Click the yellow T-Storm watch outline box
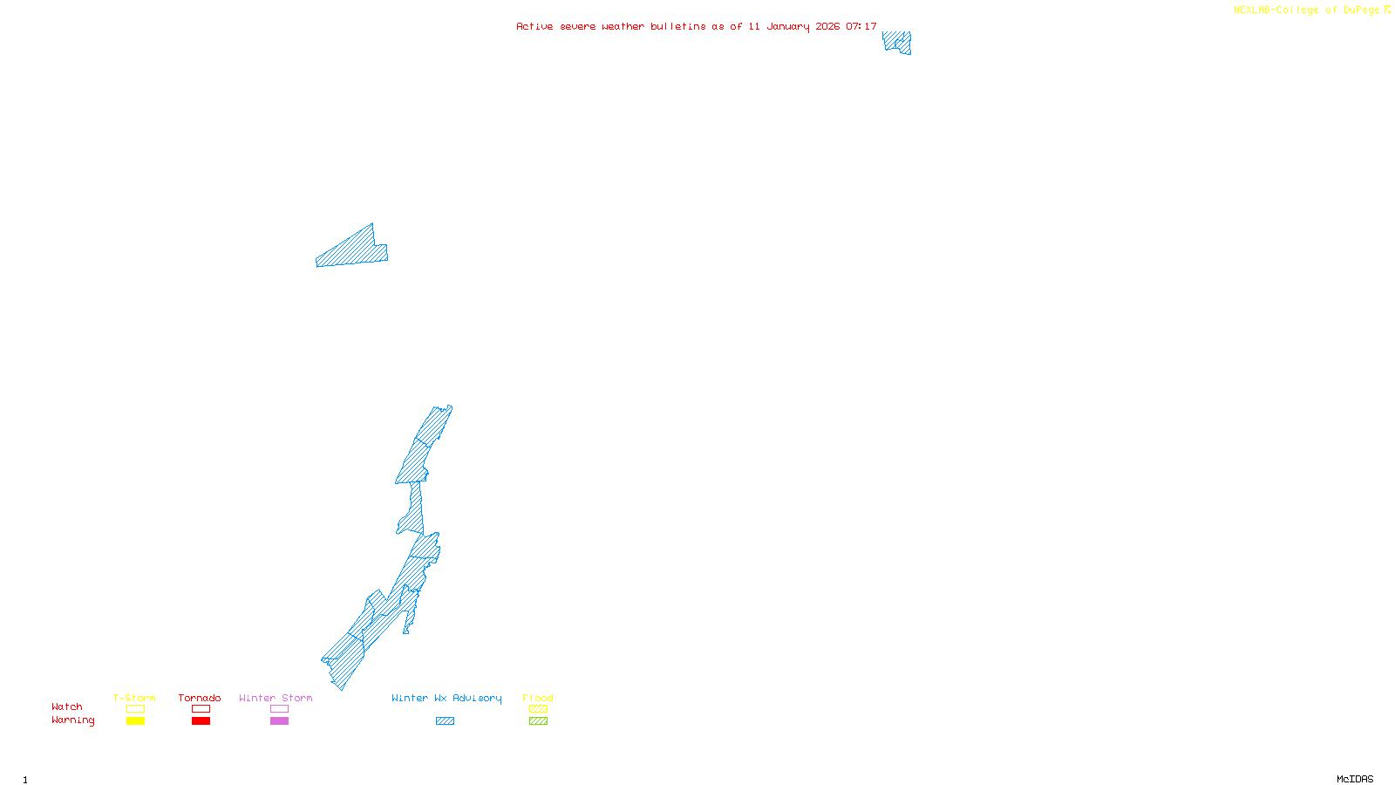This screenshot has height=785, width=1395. click(x=135, y=709)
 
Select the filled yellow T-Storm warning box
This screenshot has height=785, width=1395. click(x=135, y=721)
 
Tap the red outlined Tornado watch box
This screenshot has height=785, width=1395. click(x=201, y=709)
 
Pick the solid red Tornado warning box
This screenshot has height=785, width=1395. click(x=201, y=721)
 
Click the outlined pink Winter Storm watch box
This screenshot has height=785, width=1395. click(x=279, y=709)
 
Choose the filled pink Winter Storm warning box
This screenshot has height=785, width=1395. click(x=279, y=721)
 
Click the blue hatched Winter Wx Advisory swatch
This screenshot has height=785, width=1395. click(x=445, y=721)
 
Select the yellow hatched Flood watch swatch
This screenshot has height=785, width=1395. click(x=538, y=709)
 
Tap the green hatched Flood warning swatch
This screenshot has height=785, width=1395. click(x=538, y=721)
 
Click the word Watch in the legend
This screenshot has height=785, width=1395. click(x=67, y=707)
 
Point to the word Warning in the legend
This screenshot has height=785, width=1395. click(x=72, y=720)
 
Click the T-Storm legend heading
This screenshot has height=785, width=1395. click(x=134, y=698)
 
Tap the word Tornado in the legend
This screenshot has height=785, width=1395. click(x=200, y=698)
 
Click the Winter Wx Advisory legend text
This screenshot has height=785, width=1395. click(x=446, y=698)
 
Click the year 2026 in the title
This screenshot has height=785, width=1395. click(x=827, y=26)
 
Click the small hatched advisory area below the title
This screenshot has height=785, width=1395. click(x=897, y=42)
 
